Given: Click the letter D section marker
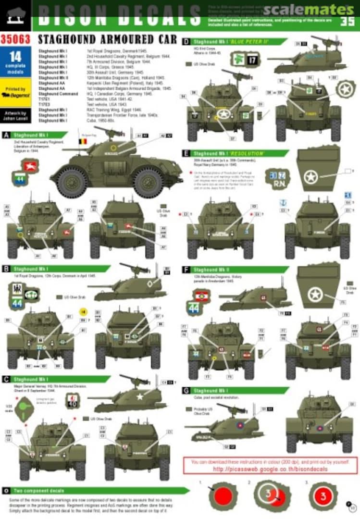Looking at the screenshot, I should click(x=186, y=42).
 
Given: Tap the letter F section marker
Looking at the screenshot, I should click(x=186, y=270).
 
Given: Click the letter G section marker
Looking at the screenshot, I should click(x=186, y=390).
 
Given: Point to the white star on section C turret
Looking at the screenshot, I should click(x=140, y=396).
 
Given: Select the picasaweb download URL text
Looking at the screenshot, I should click(x=271, y=469).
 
